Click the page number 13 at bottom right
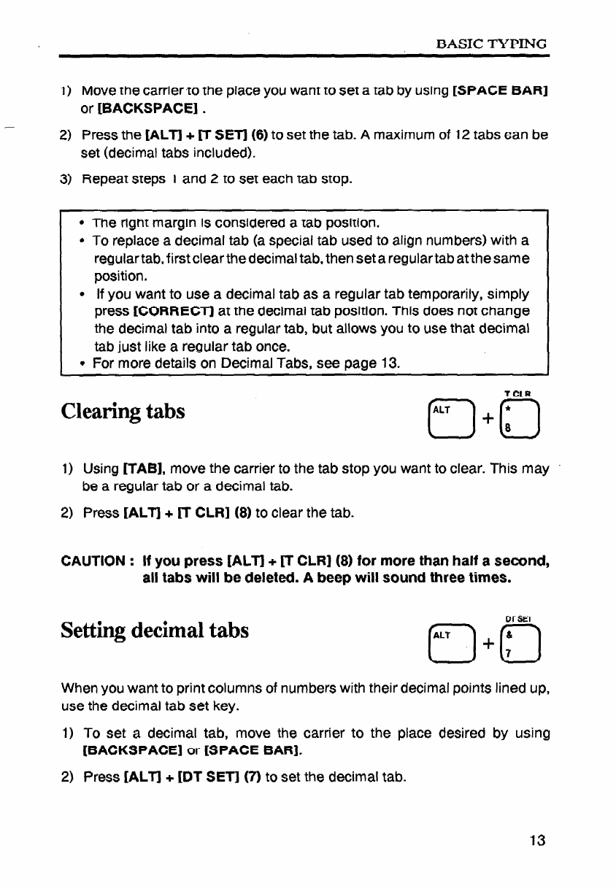(539, 840)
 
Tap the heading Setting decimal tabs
(155, 630)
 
